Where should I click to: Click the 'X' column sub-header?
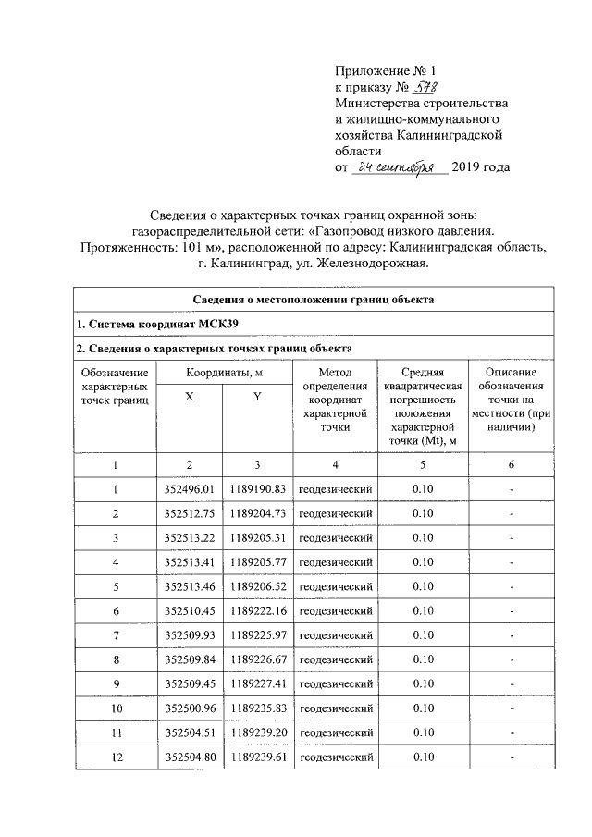click(190, 397)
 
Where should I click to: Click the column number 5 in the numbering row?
click(422, 464)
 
